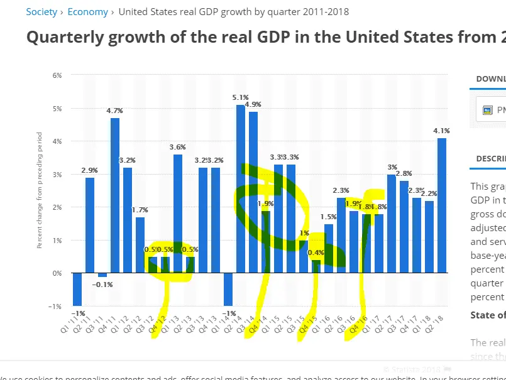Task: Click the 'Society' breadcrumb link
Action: [41, 12]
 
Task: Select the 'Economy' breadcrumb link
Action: [87, 12]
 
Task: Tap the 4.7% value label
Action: [115, 111]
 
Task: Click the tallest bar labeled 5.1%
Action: [241, 188]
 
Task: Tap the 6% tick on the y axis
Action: [57, 75]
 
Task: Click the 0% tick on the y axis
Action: [57, 273]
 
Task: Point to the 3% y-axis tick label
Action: [57, 174]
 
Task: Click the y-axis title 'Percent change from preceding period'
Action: [39, 190]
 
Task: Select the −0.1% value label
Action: [103, 285]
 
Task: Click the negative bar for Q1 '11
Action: [77, 289]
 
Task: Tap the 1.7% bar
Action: [140, 245]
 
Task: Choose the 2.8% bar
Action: [404, 236]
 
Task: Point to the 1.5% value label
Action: [329, 217]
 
